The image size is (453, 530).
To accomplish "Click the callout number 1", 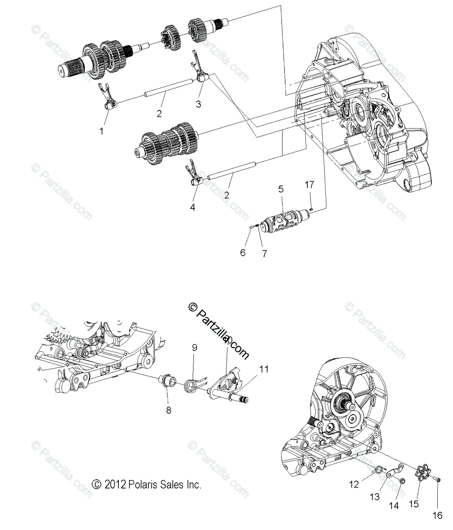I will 102,131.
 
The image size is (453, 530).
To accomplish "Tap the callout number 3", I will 198,104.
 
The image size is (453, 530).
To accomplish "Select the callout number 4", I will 193,206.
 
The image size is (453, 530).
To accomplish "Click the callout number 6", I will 242,253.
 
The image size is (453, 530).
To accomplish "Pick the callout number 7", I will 264,254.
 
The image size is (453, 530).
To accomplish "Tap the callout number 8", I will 168,410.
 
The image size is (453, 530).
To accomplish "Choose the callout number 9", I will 194,348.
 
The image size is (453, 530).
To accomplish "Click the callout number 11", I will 264,370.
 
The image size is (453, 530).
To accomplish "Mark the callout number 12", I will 354,485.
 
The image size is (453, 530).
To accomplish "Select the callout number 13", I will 374,497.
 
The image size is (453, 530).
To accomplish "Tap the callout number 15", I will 414,504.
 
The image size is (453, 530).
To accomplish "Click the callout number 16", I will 437,515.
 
